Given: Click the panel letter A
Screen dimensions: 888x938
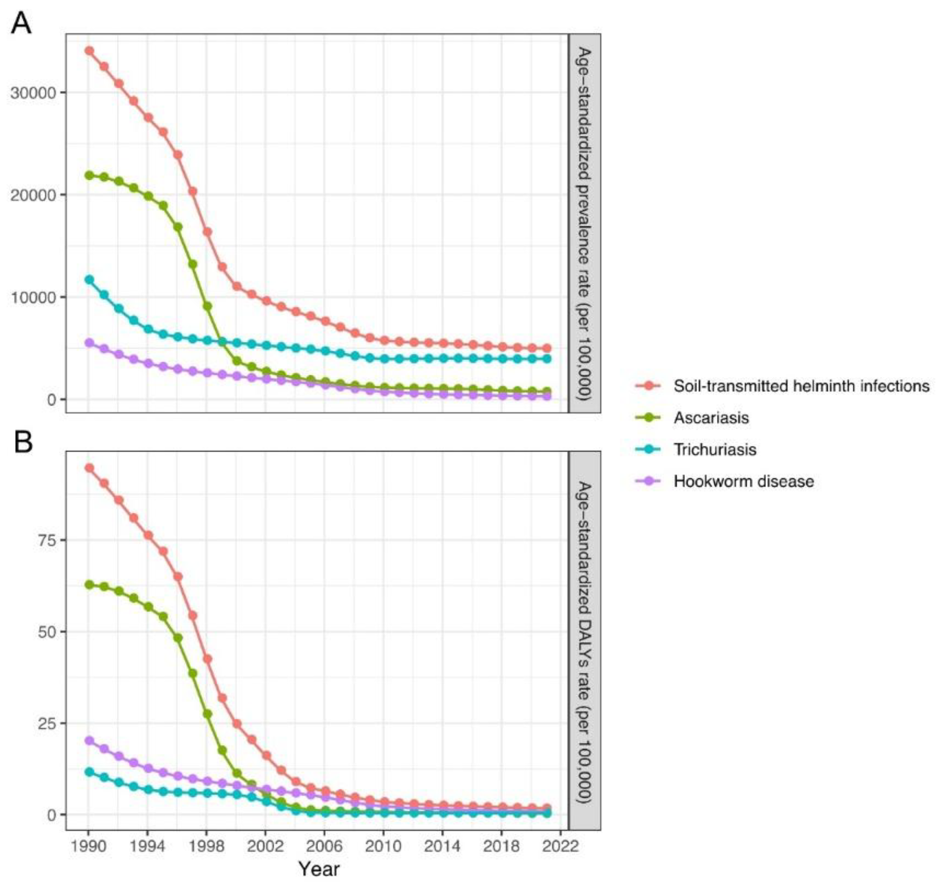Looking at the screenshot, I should [x=21, y=23].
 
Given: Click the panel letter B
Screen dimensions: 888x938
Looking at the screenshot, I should [x=23, y=442].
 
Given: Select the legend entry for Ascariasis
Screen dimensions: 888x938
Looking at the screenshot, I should [x=711, y=418].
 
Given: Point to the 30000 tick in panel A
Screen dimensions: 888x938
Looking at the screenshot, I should [x=33, y=92].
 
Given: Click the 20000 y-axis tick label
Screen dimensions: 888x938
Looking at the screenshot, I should [x=33, y=195].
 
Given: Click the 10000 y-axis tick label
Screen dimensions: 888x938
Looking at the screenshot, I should [x=33, y=297].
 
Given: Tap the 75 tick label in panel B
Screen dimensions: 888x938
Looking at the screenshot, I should [x=47, y=540].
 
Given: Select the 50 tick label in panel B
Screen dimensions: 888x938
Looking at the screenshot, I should [x=47, y=632].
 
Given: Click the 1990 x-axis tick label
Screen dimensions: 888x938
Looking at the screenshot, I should [x=88, y=845].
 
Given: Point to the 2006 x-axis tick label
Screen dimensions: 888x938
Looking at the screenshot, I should [x=325, y=845].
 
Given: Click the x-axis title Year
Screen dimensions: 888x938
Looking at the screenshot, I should [x=318, y=869].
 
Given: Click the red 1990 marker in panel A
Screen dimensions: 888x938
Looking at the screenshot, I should [x=89, y=51].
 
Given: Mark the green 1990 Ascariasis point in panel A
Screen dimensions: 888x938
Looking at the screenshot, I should [x=89, y=175].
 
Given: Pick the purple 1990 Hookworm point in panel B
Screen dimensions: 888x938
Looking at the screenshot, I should [x=89, y=741].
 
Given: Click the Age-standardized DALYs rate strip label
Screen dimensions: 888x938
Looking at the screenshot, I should [x=585, y=643].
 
